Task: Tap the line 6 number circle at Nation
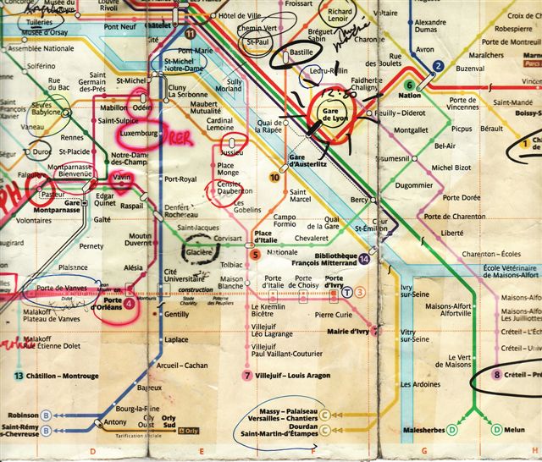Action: click(x=410, y=85)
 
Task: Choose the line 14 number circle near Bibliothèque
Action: click(x=364, y=258)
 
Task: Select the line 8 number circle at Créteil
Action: click(x=498, y=375)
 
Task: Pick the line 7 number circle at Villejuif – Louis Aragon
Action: click(x=247, y=375)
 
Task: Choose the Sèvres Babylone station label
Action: click(x=46, y=111)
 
